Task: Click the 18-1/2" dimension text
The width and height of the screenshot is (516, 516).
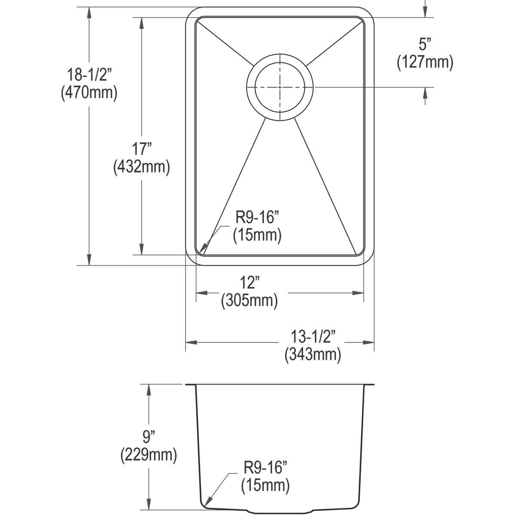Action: point(89,75)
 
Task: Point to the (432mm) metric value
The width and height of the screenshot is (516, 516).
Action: point(141,167)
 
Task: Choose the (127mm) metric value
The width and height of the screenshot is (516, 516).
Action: point(425,63)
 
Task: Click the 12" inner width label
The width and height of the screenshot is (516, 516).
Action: point(249,284)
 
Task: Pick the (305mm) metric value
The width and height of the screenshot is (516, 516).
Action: point(249,301)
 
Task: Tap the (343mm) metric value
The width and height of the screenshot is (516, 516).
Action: point(313,355)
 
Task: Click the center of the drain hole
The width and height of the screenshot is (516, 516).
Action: point(280,87)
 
